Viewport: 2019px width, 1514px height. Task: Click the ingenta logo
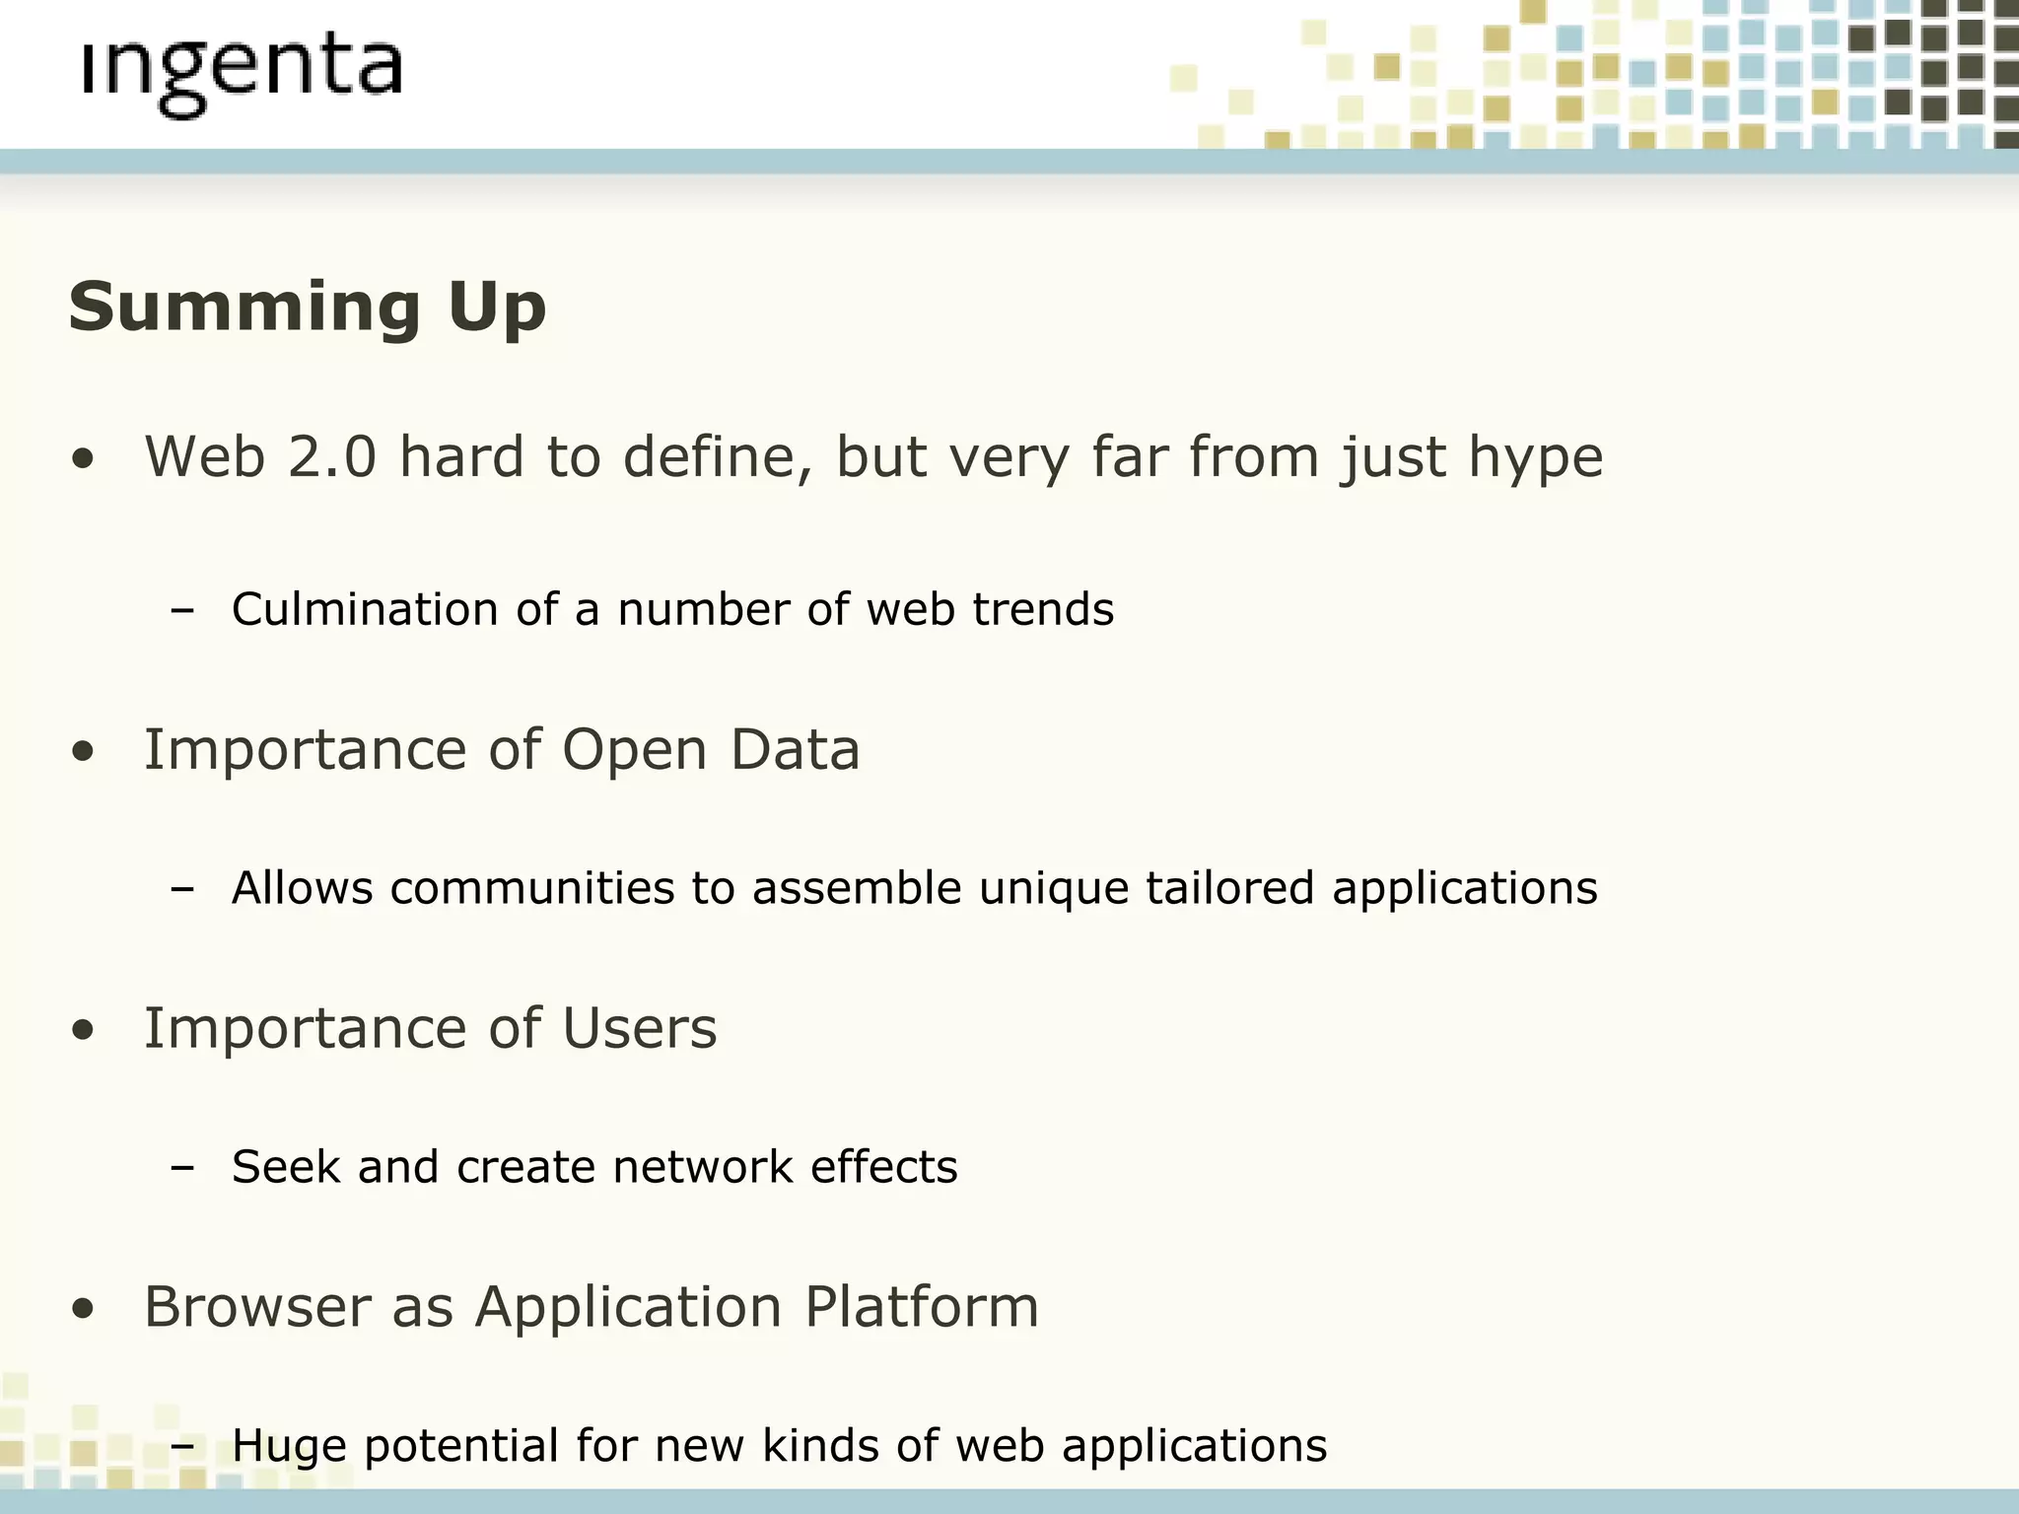tap(242, 74)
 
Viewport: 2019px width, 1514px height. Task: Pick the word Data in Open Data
tap(795, 750)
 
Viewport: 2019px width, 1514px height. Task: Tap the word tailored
tap(1229, 888)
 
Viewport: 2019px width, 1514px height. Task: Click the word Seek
tap(285, 1167)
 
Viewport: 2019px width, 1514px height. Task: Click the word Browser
tap(256, 1308)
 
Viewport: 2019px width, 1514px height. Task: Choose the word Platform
tap(921, 1308)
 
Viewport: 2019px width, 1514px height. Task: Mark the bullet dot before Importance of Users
tap(84, 1031)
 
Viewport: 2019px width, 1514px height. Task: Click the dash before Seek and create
tap(182, 1168)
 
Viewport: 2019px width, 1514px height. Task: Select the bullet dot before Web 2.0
tap(84, 459)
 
